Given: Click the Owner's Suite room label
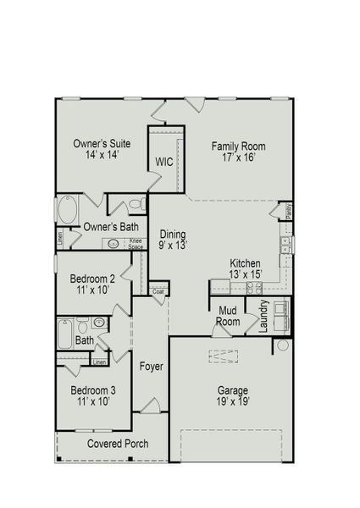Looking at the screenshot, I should [102, 149].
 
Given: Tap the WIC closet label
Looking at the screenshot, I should [164, 162].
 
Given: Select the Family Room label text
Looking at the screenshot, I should [233, 151].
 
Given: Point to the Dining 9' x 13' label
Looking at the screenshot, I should [173, 240].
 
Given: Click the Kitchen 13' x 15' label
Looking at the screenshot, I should [246, 268].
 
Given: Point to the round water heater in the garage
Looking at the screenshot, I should [282, 346].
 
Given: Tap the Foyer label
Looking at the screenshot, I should [152, 367].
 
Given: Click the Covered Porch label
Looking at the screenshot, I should [118, 444].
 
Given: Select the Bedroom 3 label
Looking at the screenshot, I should [93, 395].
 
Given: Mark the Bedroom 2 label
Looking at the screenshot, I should [92, 284].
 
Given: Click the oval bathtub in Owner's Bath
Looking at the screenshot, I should [68, 208].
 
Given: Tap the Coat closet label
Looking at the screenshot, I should [158, 291].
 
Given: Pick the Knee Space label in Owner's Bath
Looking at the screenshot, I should [135, 243].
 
